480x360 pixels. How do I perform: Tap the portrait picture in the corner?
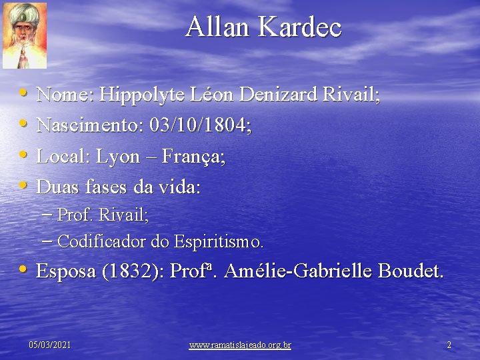tap(25, 35)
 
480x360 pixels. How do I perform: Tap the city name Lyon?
tap(117, 157)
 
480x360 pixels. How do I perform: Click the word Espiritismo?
tap(219, 241)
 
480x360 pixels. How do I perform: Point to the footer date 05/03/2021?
tap(50, 345)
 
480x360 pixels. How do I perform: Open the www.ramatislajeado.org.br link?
tap(240, 345)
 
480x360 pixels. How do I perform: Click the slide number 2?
tap(449, 345)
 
